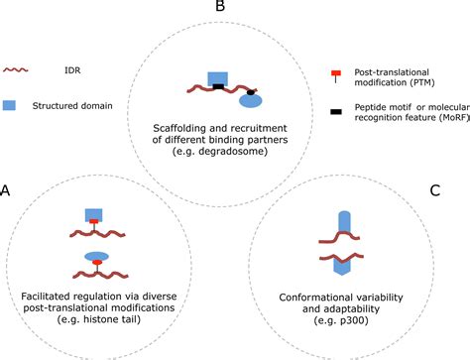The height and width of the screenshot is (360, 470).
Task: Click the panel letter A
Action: pyautogui.click(x=7, y=189)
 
